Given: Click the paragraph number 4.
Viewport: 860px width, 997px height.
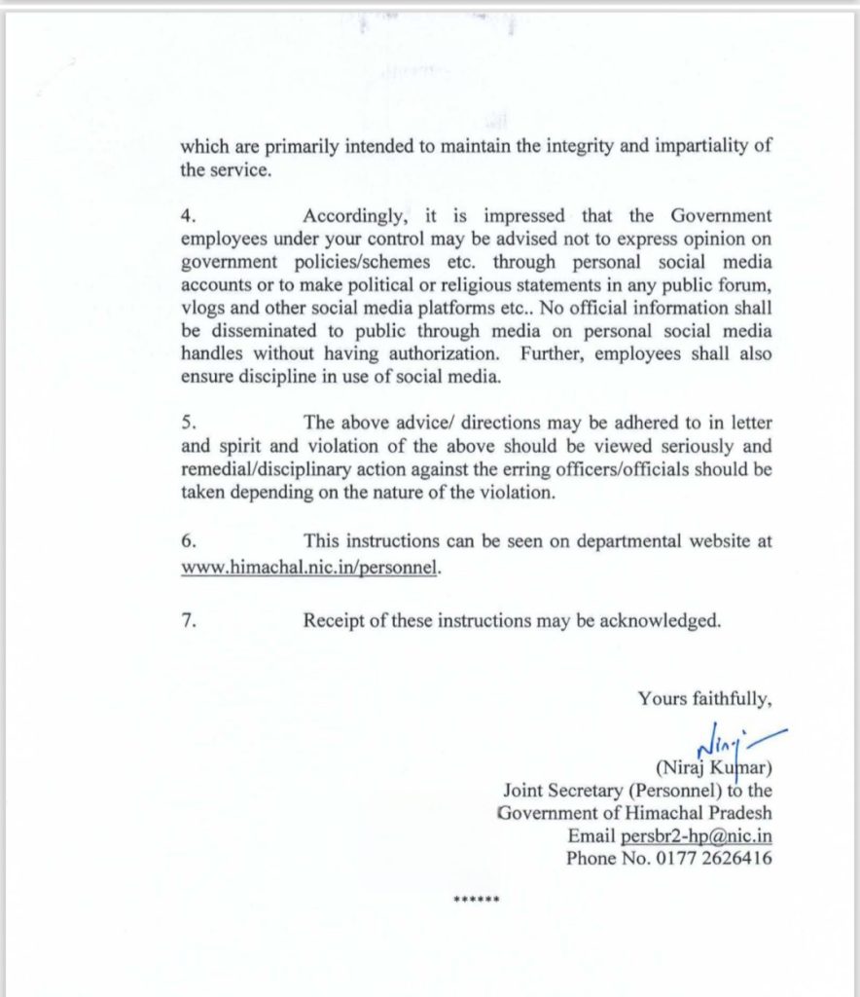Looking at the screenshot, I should pyautogui.click(x=187, y=215).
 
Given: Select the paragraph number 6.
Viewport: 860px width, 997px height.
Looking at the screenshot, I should pyautogui.click(x=187, y=541).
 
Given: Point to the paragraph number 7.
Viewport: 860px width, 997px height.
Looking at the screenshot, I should pyautogui.click(x=187, y=620).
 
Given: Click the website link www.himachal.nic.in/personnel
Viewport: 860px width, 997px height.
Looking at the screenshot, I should pyautogui.click(x=310, y=567).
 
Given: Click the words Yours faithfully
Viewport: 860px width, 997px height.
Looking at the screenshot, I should pyautogui.click(x=705, y=698).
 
